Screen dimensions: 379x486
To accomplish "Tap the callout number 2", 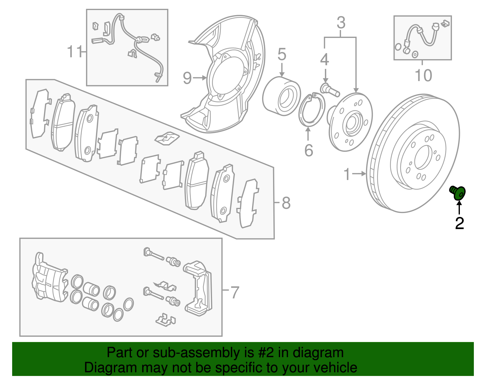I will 459,224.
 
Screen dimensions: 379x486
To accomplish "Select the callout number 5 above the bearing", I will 282,55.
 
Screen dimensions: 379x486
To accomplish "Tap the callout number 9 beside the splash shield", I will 187,78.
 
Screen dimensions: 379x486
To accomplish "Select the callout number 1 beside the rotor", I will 347,174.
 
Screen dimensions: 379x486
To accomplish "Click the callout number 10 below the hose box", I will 423,76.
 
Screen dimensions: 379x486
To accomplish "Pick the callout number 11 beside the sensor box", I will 74,52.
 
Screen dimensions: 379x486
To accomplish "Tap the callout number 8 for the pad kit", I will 286,203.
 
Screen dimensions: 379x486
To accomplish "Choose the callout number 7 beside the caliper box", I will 235,293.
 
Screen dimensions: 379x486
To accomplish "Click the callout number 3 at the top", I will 341,23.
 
